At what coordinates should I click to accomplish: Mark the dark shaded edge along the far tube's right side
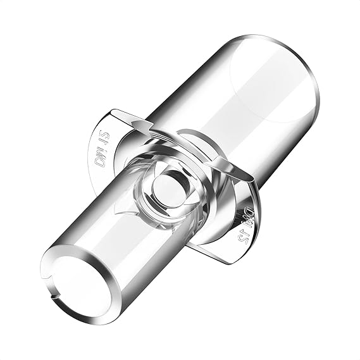[297, 127]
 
